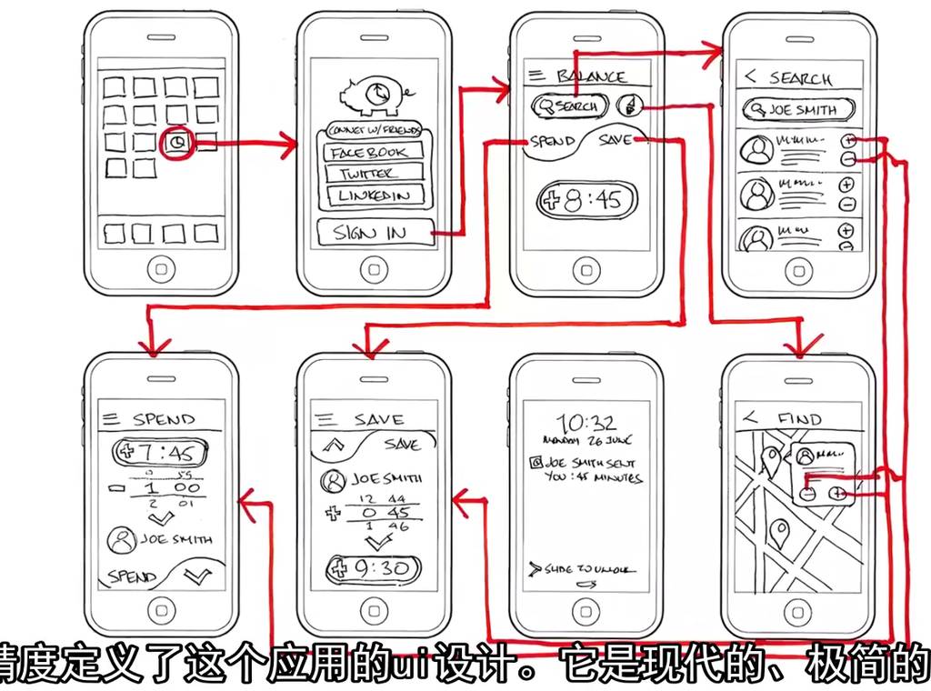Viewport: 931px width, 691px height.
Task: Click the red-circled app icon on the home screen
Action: click(x=178, y=143)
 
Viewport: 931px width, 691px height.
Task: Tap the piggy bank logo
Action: click(x=373, y=94)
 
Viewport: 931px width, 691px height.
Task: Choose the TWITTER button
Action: click(x=368, y=174)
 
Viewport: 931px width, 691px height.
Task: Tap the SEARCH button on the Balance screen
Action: click(x=570, y=106)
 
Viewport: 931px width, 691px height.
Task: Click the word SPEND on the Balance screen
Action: click(x=552, y=142)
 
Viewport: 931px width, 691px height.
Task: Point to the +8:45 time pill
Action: click(x=586, y=200)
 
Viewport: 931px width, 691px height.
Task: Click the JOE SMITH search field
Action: click(x=799, y=111)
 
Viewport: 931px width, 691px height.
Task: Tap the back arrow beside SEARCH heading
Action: click(x=751, y=77)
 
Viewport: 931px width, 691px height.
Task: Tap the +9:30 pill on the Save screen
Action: click(x=374, y=570)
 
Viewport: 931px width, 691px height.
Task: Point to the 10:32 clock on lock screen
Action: click(x=586, y=424)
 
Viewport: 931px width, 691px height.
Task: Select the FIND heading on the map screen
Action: click(x=799, y=419)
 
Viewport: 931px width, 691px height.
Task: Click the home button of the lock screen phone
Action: click(x=586, y=607)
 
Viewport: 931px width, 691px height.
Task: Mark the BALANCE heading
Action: click(x=590, y=77)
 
